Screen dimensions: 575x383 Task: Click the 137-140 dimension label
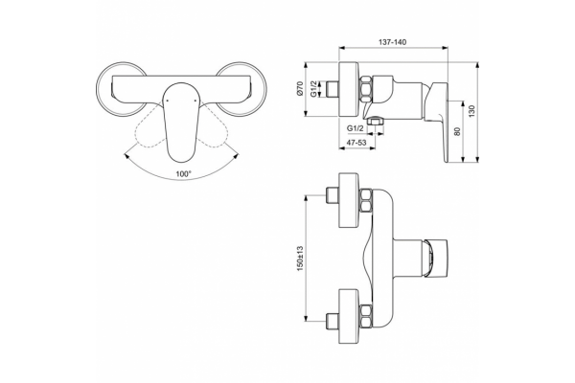pyautogui.click(x=392, y=42)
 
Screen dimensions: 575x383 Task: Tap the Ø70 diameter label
pyautogui.click(x=300, y=89)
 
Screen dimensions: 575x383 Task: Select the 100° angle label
pyautogui.click(x=183, y=173)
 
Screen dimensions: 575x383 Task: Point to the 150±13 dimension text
pyautogui.click(x=301, y=258)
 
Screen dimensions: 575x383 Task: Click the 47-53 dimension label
pyautogui.click(x=356, y=143)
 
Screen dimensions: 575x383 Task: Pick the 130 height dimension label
pyautogui.click(x=471, y=111)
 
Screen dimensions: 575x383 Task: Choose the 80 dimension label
pyautogui.click(x=457, y=131)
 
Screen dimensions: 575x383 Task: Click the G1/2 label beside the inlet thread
pyautogui.click(x=314, y=89)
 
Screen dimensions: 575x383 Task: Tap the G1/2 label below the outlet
pyautogui.click(x=355, y=128)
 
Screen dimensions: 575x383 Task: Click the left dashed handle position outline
pyautogui.click(x=149, y=129)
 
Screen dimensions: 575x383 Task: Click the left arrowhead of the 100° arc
pyautogui.click(x=126, y=156)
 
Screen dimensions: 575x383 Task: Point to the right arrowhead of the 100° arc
pyautogui.click(x=237, y=156)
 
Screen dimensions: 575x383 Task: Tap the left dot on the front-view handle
pyautogui.click(x=167, y=100)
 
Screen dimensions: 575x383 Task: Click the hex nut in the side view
pyautogui.click(x=366, y=89)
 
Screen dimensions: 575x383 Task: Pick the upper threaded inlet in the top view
pyautogui.click(x=332, y=194)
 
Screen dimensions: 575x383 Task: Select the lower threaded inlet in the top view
pyautogui.click(x=332, y=321)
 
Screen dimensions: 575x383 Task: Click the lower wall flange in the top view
pyautogui.click(x=349, y=316)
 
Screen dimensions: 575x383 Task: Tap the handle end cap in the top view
pyautogui.click(x=436, y=258)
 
